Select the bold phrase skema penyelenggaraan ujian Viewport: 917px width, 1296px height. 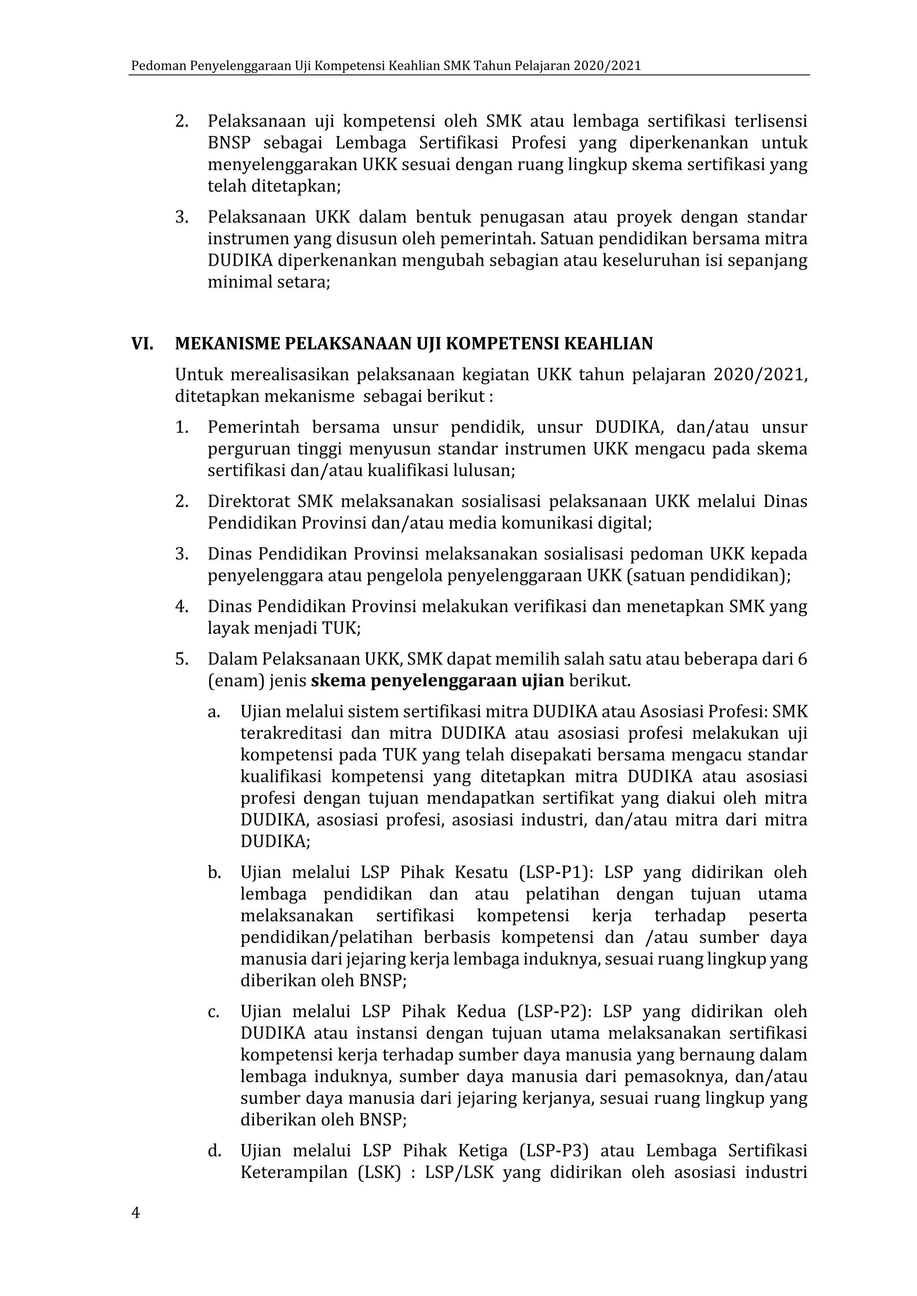tap(437, 681)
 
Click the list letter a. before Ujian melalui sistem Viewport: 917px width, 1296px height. tap(214, 712)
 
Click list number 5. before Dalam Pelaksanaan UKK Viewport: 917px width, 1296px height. tap(181, 659)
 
